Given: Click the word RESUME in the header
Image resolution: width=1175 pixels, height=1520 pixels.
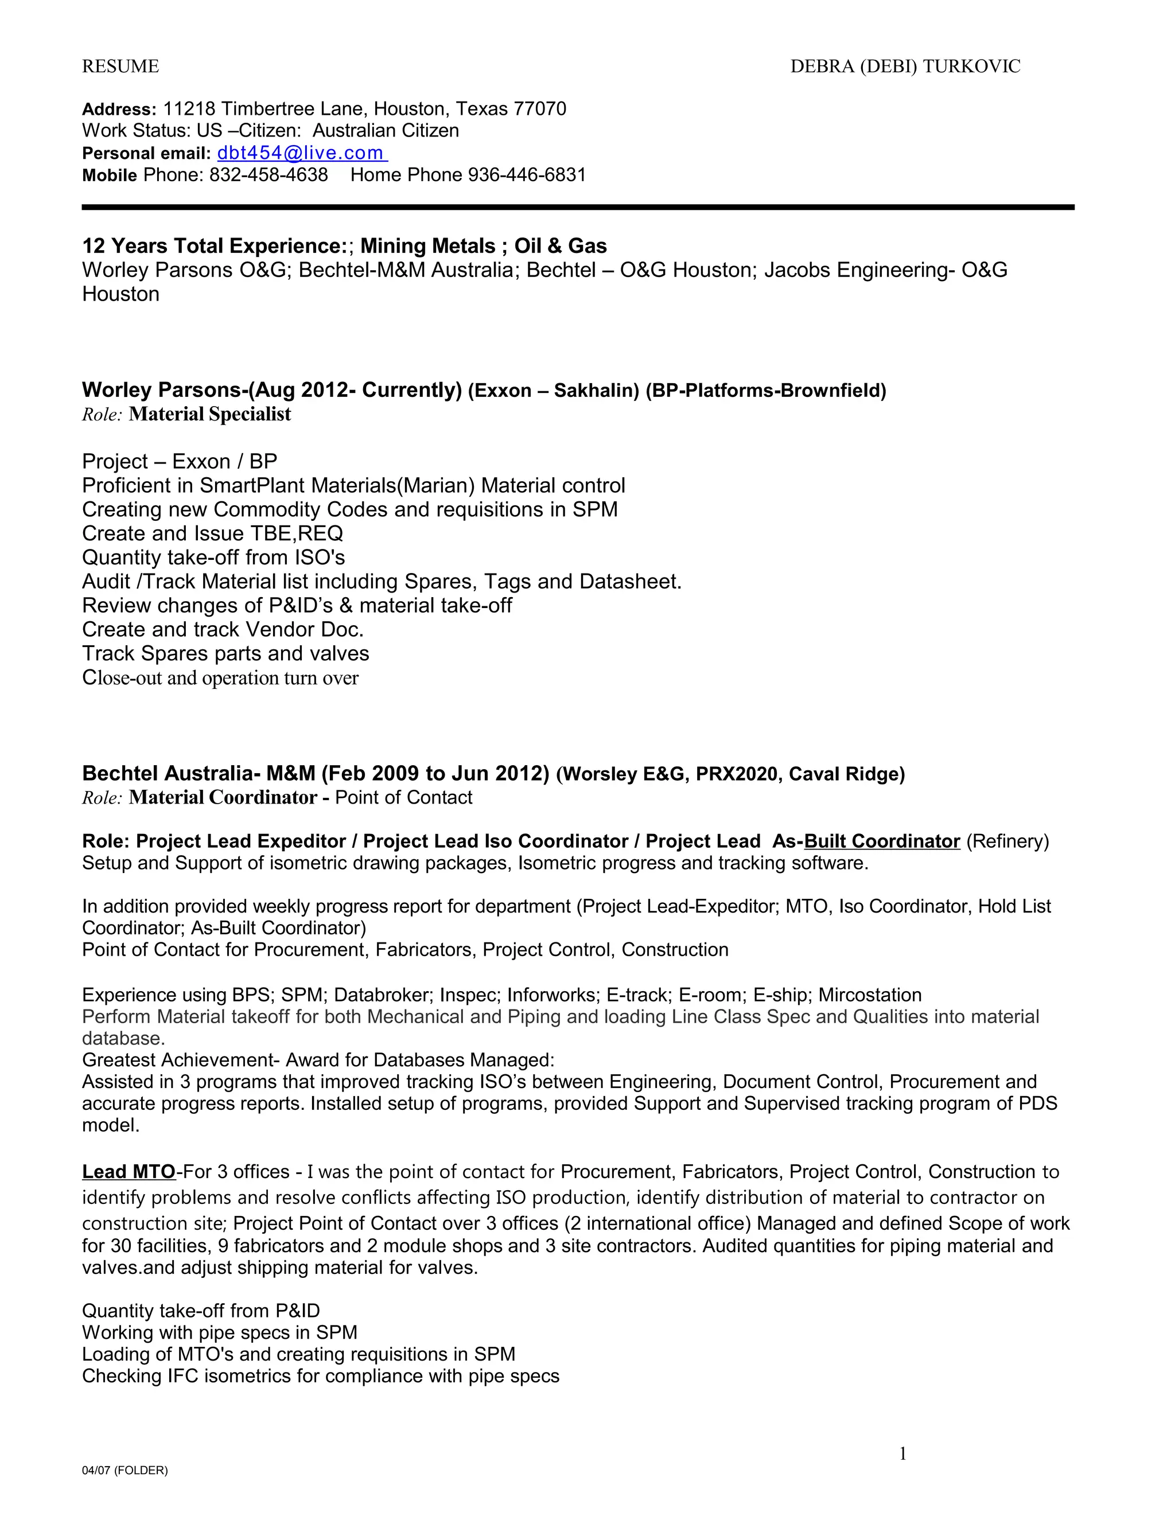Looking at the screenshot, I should click(120, 66).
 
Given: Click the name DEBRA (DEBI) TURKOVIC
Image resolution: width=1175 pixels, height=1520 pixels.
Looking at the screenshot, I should click(905, 66).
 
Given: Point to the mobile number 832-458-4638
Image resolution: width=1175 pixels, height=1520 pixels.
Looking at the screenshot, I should click(269, 175).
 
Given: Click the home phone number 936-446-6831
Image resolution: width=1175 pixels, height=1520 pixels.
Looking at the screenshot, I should click(527, 175).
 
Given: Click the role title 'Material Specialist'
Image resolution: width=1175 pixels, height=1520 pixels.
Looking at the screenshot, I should click(209, 414).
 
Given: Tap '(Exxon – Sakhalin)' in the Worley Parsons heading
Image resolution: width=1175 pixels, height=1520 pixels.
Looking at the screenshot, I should click(554, 391).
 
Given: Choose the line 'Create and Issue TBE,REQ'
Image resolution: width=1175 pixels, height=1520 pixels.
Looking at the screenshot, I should click(212, 534).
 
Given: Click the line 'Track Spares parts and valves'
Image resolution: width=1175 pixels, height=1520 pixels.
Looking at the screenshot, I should click(225, 653).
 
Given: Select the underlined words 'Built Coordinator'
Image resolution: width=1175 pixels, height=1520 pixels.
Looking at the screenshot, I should click(882, 841).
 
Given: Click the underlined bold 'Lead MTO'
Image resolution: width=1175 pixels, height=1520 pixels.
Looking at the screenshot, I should click(129, 1172).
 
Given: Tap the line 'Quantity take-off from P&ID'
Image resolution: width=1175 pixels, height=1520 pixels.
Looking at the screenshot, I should click(201, 1311).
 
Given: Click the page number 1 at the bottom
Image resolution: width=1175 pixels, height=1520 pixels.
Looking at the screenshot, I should click(903, 1454).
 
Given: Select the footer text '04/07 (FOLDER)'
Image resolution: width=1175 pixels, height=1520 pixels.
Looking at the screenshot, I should click(124, 1471).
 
